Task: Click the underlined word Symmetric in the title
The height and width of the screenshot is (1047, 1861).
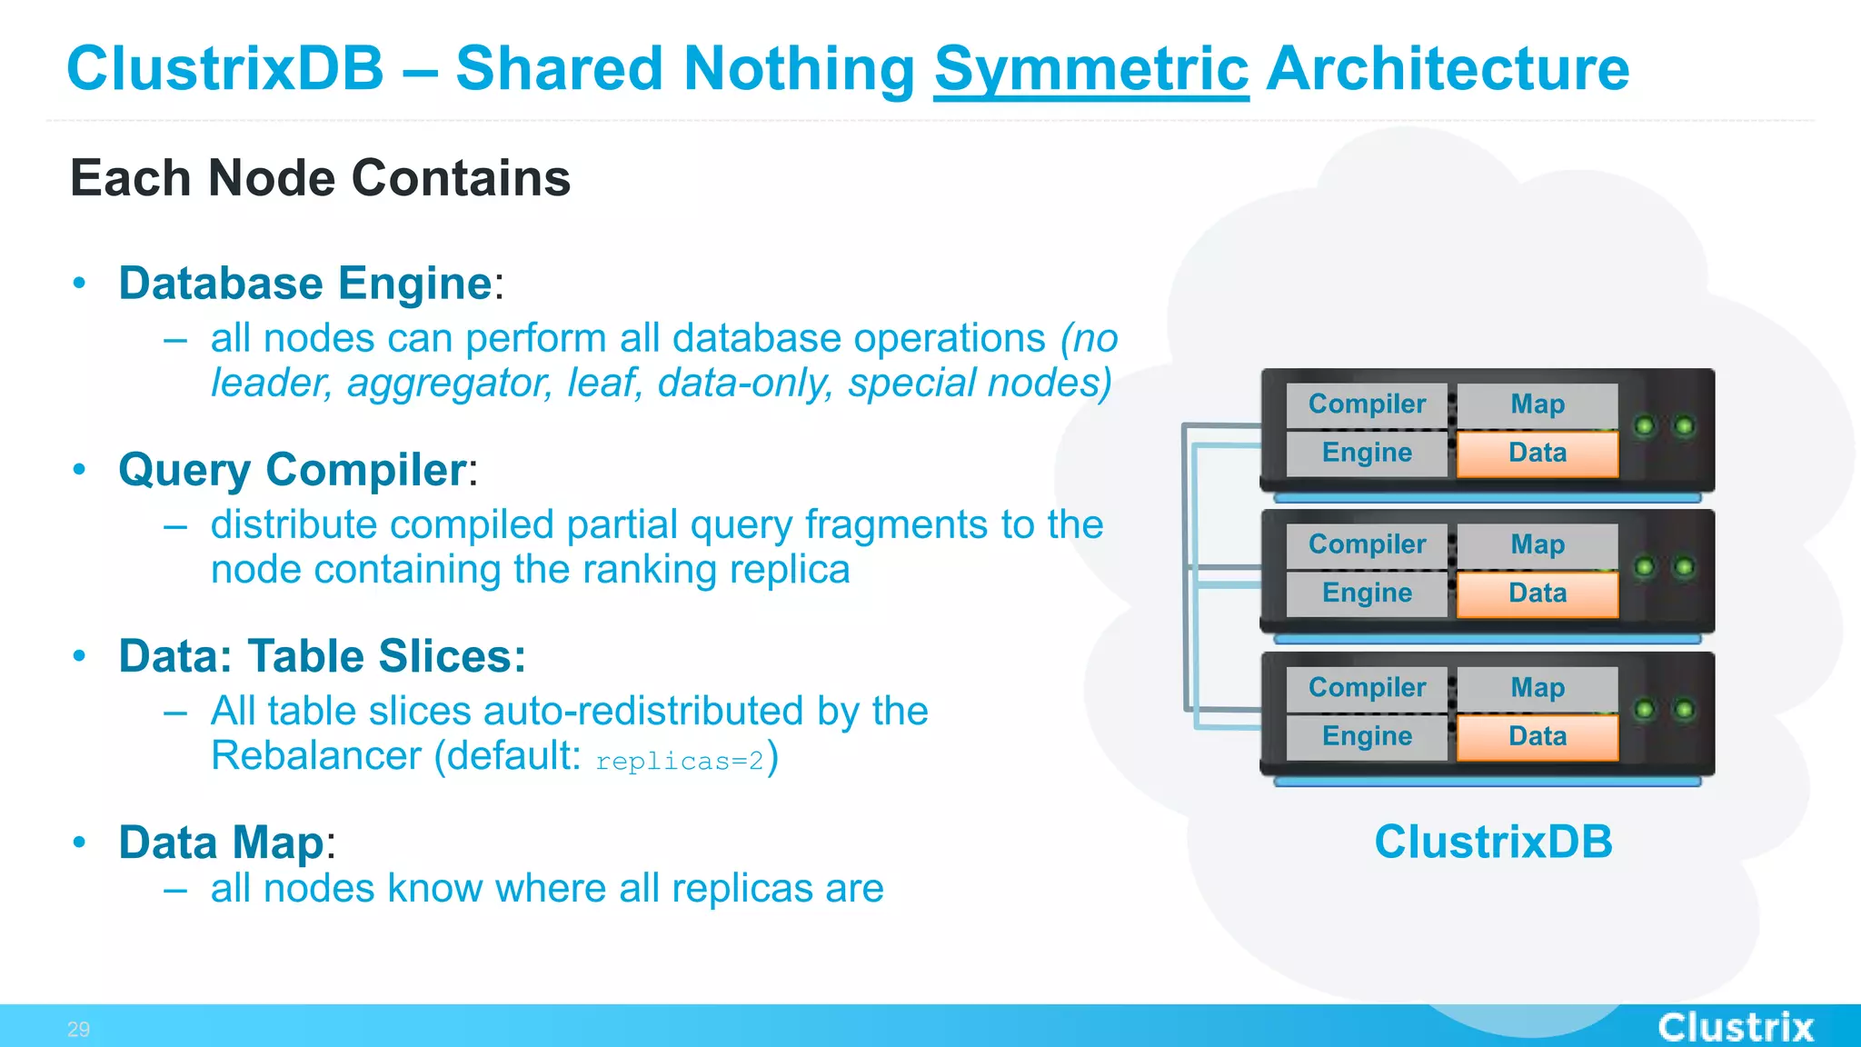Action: pos(1090,69)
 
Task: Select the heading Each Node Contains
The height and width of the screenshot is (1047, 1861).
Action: pos(320,177)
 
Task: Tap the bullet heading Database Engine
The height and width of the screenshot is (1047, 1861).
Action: pos(305,283)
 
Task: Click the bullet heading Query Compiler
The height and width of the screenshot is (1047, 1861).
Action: pos(293,470)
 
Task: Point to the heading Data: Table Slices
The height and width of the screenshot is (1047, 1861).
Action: pos(322,656)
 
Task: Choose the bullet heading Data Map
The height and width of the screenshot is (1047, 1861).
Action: pos(221,843)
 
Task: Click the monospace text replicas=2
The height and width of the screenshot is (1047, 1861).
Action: pos(680,761)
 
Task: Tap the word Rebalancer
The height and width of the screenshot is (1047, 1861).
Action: pos(316,755)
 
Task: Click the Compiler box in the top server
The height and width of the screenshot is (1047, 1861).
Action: pos(1366,404)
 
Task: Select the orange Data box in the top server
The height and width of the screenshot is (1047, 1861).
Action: pos(1537,453)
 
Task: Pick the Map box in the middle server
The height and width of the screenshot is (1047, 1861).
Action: pos(1537,544)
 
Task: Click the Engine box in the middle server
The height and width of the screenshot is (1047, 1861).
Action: pos(1366,593)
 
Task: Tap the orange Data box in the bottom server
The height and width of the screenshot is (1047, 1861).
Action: pos(1537,736)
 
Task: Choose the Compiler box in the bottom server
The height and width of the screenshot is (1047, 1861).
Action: pos(1366,688)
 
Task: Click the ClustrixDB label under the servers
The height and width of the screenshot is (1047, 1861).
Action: pos(1492,842)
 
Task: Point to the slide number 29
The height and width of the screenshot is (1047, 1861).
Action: pos(78,1030)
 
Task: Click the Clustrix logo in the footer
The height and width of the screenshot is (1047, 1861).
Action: pos(1735,1028)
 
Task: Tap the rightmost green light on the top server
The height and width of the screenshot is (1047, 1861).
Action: pos(1684,425)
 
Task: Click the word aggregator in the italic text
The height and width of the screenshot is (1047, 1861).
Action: pos(449,384)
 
